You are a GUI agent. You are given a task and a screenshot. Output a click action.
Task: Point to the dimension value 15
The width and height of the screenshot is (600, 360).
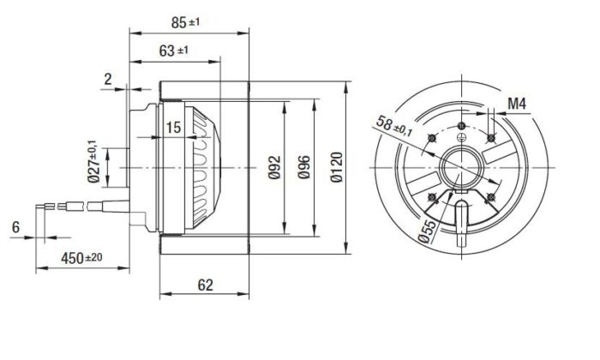click(174, 128)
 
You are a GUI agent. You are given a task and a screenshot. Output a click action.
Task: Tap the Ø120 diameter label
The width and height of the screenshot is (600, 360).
click(336, 163)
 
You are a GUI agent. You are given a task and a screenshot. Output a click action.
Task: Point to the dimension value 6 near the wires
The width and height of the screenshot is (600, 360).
click(16, 226)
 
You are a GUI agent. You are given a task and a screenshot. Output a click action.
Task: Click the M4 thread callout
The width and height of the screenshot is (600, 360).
click(516, 104)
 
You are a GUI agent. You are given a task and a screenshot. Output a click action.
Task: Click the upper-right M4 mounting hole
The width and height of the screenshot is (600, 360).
click(490, 136)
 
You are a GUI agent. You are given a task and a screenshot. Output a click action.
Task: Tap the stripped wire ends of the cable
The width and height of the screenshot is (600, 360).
click(47, 206)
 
